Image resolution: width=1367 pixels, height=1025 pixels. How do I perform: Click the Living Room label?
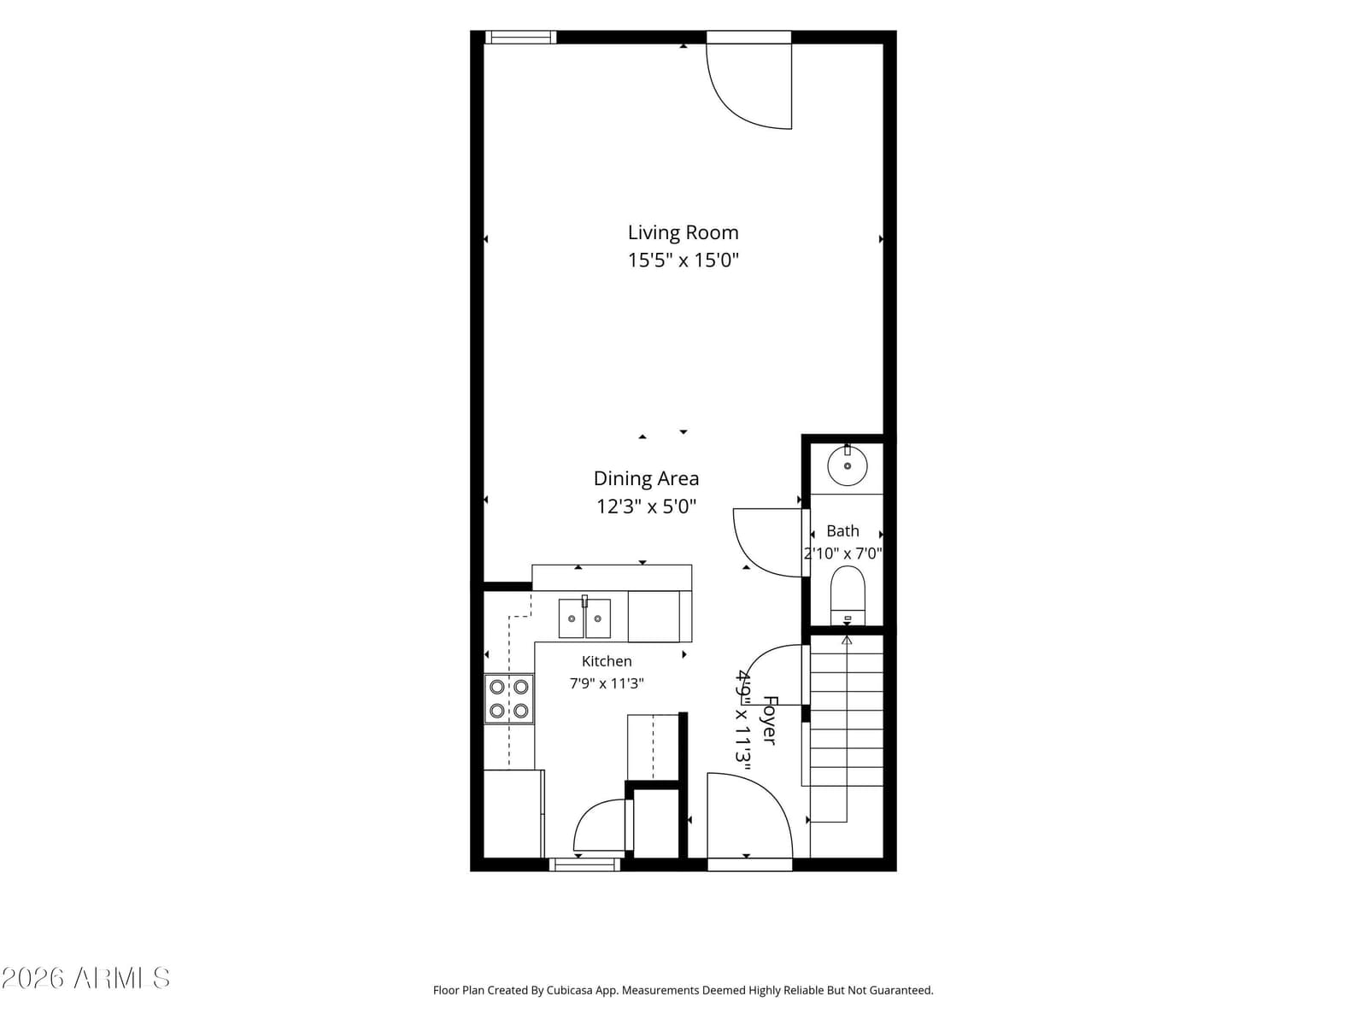point(683,232)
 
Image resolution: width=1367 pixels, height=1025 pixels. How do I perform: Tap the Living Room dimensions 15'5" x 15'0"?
point(683,260)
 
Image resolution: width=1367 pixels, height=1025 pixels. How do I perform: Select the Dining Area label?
point(646,478)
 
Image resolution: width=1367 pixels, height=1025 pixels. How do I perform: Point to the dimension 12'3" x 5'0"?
point(646,506)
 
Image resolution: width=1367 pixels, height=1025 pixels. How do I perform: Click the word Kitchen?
point(607,661)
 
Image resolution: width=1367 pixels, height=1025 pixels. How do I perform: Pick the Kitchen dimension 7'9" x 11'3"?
point(607,683)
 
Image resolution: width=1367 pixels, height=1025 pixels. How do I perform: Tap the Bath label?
point(842,530)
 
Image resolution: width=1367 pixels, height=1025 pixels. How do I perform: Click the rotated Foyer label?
point(770,721)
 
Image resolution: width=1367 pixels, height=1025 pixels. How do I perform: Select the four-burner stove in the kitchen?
point(509,699)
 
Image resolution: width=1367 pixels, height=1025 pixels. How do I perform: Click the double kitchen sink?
point(584,618)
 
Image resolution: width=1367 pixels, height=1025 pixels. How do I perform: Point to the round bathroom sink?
point(847,465)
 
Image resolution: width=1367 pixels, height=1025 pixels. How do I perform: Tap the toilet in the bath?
point(848,595)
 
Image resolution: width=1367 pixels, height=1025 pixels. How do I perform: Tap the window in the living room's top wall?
point(520,38)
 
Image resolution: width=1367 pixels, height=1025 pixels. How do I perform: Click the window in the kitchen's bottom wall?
point(584,864)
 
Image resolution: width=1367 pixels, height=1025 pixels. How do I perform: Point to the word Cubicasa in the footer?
point(569,990)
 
